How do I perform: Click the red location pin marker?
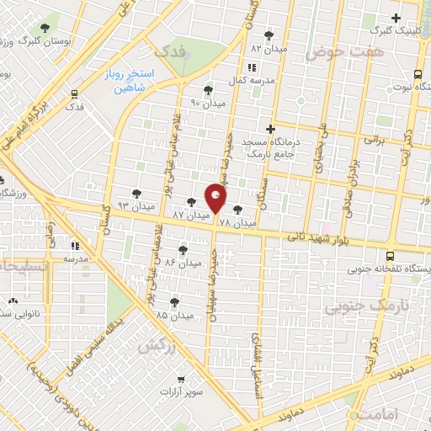(216, 199)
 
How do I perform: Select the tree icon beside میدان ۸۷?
(192, 202)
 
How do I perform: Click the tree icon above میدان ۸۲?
(269, 35)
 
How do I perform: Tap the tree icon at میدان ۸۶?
(184, 249)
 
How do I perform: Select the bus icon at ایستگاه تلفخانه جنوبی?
(390, 257)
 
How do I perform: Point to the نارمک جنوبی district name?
(363, 306)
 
